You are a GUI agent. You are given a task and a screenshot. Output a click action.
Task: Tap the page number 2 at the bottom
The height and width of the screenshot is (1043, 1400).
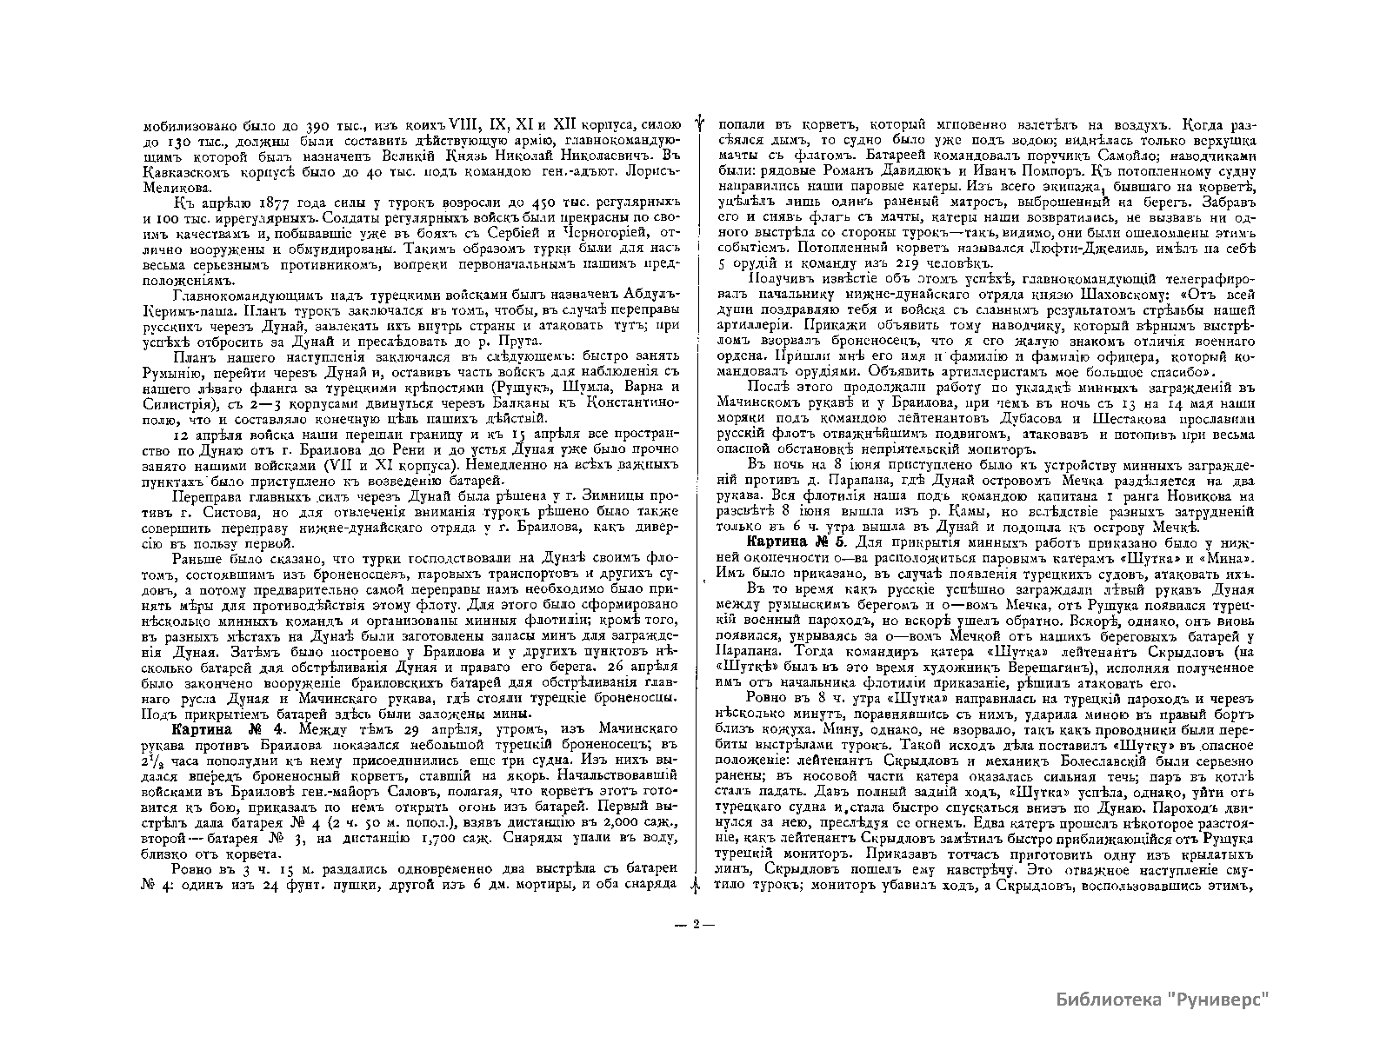tap(696, 925)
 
